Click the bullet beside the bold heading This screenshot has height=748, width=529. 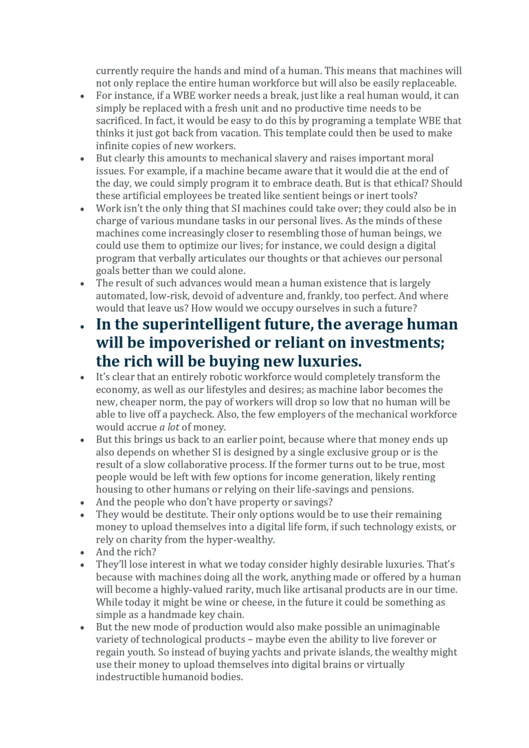click(x=82, y=327)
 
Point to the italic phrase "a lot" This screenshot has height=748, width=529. click(x=169, y=427)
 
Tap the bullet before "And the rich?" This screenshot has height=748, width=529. click(x=82, y=553)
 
